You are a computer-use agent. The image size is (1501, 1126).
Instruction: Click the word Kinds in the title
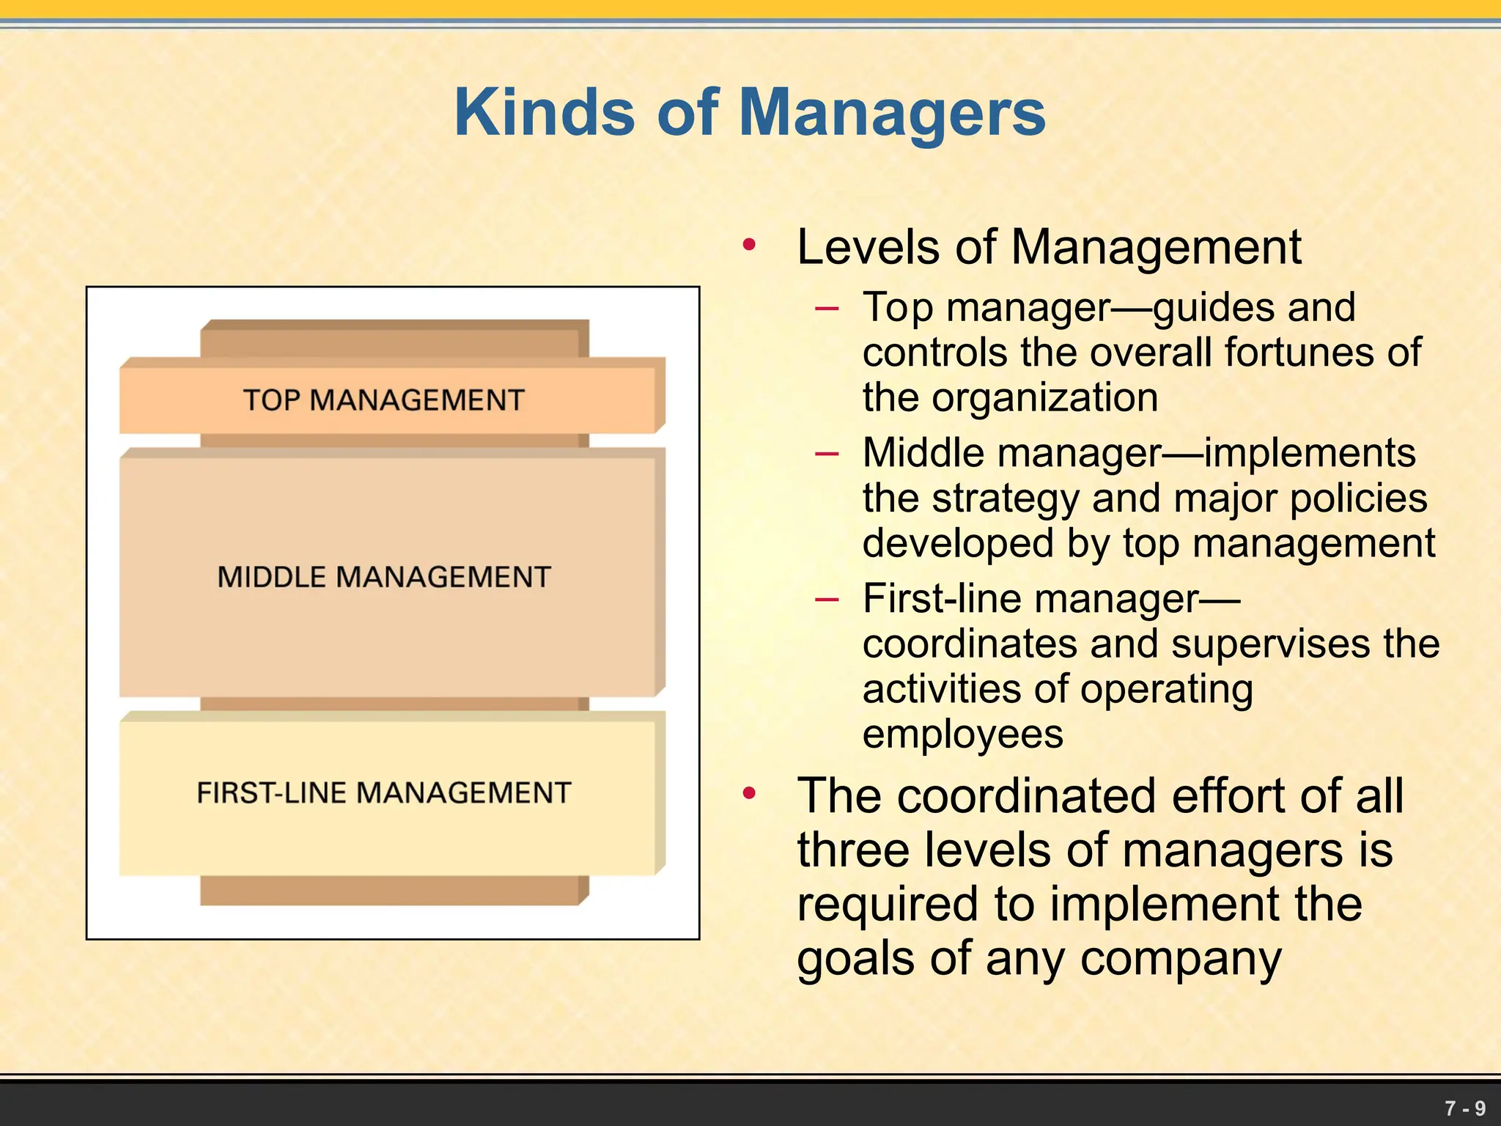click(x=544, y=113)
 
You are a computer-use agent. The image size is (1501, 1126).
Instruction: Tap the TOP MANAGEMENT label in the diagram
click(x=383, y=400)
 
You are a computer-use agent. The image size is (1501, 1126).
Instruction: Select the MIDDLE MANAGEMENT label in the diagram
click(x=383, y=577)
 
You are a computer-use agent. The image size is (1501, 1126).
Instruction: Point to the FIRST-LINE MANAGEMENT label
click(x=383, y=792)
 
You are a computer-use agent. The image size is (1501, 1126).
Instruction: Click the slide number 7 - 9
click(x=1464, y=1108)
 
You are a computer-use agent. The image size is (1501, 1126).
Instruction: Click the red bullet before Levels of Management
click(x=748, y=245)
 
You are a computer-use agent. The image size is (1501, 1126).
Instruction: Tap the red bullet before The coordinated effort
click(x=748, y=793)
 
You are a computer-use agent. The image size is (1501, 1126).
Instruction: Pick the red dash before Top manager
click(x=826, y=309)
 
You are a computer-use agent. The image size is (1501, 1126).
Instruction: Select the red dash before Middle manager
click(x=826, y=454)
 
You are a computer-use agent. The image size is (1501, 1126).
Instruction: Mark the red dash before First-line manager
click(x=826, y=600)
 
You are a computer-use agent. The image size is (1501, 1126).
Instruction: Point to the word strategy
click(x=1006, y=499)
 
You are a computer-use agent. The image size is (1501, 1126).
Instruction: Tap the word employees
click(x=962, y=735)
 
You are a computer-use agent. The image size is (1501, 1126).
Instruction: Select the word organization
click(x=1044, y=398)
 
